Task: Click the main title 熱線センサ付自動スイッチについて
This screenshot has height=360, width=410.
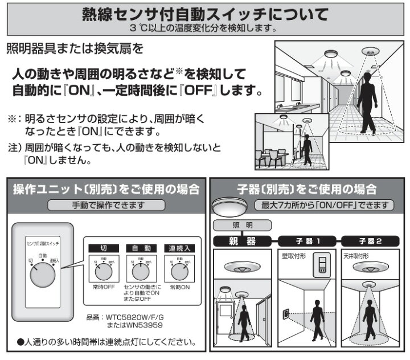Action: pyautogui.click(x=205, y=13)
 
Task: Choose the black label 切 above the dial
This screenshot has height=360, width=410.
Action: pyautogui.click(x=104, y=248)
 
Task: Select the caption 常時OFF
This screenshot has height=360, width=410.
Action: pyautogui.click(x=104, y=286)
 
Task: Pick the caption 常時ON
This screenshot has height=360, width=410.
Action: pyautogui.click(x=179, y=286)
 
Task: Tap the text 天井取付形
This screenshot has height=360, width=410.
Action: pyautogui.click(x=358, y=256)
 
